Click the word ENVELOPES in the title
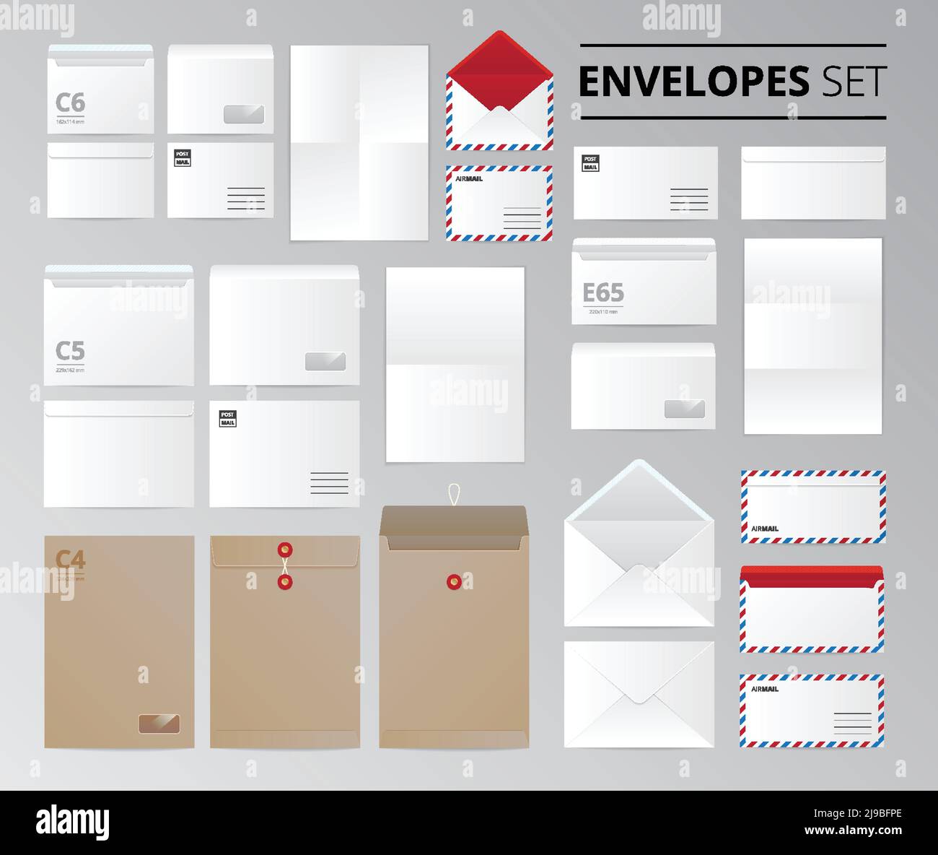point(694,82)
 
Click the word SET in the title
point(854,82)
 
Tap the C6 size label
point(70,103)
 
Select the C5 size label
point(70,351)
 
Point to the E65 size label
point(603,293)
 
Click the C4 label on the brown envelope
point(71,560)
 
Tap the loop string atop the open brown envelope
point(454,494)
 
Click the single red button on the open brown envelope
point(454,580)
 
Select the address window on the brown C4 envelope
point(159,724)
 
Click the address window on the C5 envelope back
point(325,362)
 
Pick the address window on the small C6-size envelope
point(244,114)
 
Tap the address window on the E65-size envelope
point(684,409)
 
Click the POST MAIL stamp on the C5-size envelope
point(227,419)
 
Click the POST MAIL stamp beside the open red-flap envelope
point(590,163)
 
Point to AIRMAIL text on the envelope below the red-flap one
point(469,178)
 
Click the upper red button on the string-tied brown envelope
point(284,550)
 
